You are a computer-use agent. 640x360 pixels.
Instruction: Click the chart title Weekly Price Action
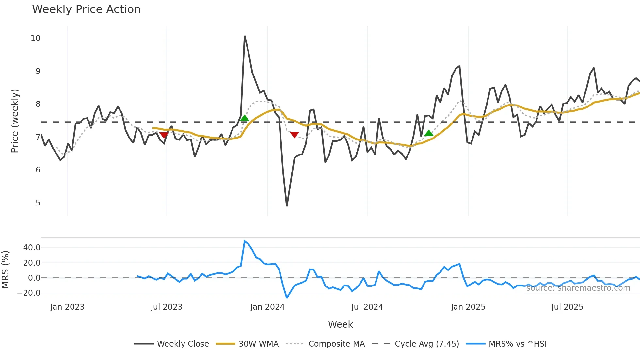pyautogui.click(x=86, y=9)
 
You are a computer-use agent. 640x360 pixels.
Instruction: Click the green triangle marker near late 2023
pyautogui.click(x=244, y=118)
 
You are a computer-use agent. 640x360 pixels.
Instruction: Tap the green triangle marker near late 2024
pyautogui.click(x=429, y=133)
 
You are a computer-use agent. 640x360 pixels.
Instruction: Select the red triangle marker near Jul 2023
pyautogui.click(x=164, y=135)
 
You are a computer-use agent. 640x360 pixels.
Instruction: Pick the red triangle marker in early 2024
pyautogui.click(x=295, y=135)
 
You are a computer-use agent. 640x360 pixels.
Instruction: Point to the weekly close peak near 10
pyautogui.click(x=245, y=36)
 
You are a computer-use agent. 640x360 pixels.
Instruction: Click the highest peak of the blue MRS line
pyautogui.click(x=245, y=241)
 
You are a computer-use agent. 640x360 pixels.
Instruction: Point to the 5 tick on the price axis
pyautogui.click(x=38, y=203)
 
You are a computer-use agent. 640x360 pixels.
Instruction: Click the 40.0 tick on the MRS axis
pyautogui.click(x=32, y=248)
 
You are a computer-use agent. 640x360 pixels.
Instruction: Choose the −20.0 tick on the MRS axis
pyautogui.click(x=29, y=293)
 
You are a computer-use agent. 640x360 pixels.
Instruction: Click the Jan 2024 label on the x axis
pyautogui.click(x=267, y=307)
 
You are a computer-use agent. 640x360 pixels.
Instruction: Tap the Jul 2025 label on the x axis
pyautogui.click(x=567, y=307)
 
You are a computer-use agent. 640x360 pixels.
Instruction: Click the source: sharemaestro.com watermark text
pyautogui.click(x=578, y=288)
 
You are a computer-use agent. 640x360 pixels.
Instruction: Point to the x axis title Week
pyautogui.click(x=340, y=324)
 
